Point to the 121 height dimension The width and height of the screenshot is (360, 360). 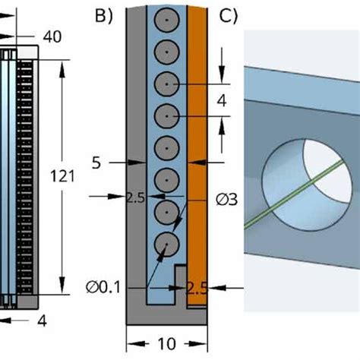[62, 176]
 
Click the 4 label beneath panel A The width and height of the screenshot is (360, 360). [43, 321]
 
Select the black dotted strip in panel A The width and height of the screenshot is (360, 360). [25, 175]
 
